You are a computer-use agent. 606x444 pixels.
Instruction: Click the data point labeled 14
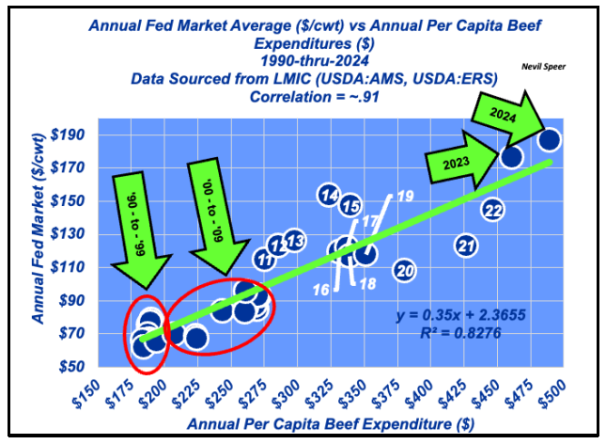(329, 196)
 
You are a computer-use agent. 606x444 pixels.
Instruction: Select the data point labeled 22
(493, 210)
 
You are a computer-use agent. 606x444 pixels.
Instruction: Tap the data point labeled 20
(405, 271)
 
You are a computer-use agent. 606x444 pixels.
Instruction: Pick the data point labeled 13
(294, 242)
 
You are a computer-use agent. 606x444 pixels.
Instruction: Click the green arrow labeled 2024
(511, 115)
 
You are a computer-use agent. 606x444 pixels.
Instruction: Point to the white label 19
(405, 196)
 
